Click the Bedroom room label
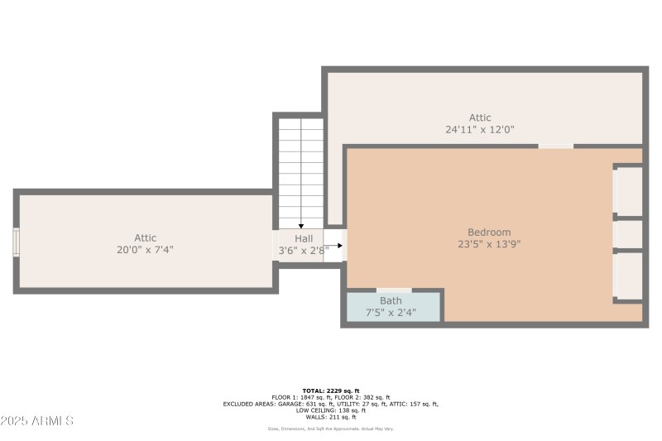click(489, 232)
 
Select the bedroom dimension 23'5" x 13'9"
click(489, 244)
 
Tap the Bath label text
click(391, 300)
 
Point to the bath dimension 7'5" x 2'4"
click(391, 313)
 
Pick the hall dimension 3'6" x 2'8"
click(303, 249)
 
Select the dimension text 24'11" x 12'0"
click(480, 129)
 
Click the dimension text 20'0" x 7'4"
click(145, 249)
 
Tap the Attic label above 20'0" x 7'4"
click(145, 238)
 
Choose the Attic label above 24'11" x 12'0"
click(480, 117)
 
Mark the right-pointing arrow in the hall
click(334, 246)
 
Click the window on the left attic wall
click(16, 242)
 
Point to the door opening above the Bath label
click(394, 290)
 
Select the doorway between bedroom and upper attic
click(555, 146)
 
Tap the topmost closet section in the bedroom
click(629, 191)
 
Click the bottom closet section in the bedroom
click(629, 276)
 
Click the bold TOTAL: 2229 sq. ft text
click(331, 391)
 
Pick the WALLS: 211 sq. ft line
click(331, 416)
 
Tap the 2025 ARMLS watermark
click(37, 421)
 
